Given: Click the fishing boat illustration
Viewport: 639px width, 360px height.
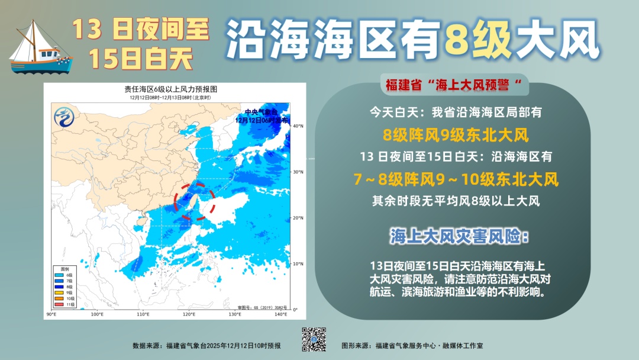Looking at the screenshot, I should click(39, 46).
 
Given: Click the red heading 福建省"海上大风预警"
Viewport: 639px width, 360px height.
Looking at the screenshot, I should click(453, 85).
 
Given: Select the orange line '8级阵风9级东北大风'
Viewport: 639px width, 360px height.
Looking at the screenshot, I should click(455, 135).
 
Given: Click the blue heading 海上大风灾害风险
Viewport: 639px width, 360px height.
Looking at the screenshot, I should click(459, 236).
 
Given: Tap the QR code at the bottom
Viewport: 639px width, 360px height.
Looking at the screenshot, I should click(314, 340).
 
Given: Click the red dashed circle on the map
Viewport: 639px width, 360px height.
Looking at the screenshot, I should click(195, 201).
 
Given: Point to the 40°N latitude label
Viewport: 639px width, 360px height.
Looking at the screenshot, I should click(298, 126).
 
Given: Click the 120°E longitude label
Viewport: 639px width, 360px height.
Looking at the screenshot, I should click(189, 313).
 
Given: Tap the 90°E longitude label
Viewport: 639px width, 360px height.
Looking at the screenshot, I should click(50, 313).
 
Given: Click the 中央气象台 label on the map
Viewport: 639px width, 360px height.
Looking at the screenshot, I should click(261, 111).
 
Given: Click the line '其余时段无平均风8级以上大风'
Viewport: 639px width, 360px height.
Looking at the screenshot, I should click(455, 201).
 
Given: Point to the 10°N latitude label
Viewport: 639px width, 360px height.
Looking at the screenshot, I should click(298, 263).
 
